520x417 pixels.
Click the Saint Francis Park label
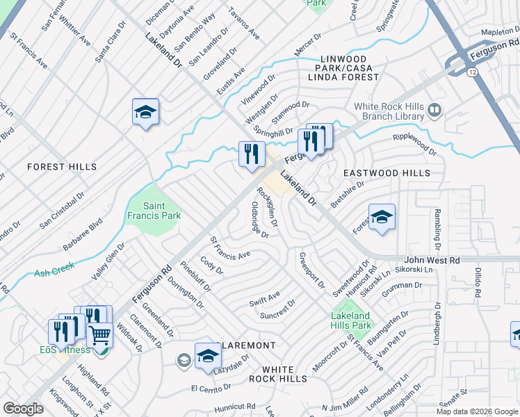tap(162, 211)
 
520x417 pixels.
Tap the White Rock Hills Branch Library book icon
tap(434, 110)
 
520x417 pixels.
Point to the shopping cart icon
tap(100, 336)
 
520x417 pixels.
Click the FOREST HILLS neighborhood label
tap(62, 167)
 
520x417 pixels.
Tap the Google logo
tap(24, 409)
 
